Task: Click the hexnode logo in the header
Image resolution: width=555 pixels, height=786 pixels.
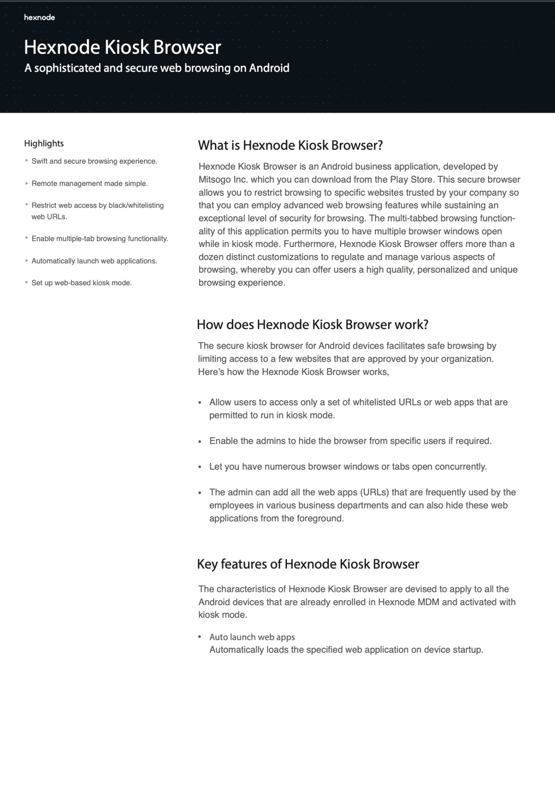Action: (x=39, y=17)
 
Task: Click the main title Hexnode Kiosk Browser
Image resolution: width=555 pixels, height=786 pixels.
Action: (x=122, y=47)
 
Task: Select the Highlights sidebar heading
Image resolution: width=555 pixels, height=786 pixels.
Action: (x=44, y=143)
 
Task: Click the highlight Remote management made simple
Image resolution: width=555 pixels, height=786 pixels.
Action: (x=89, y=184)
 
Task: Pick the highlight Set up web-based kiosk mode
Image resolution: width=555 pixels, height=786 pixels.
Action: (x=81, y=283)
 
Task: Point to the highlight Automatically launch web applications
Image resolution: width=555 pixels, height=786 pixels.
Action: (x=94, y=261)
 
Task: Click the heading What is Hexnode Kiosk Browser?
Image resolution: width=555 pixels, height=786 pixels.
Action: (x=290, y=145)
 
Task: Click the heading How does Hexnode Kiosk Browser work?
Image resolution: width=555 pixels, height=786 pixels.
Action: (x=312, y=325)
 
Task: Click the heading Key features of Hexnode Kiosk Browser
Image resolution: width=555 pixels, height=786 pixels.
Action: (x=308, y=564)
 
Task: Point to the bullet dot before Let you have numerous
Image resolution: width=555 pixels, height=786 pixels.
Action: (x=200, y=467)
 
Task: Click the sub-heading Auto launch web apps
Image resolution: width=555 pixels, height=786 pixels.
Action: (x=252, y=637)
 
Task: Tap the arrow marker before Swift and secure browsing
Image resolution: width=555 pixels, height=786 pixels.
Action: (x=26, y=161)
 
